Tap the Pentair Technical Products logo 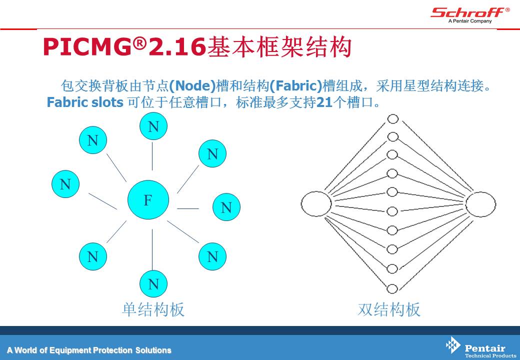pos(480,347)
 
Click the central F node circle pos(148,199)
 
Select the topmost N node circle pos(153,126)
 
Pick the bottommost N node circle pos(153,284)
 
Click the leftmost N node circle pos(65,184)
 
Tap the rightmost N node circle pos(226,207)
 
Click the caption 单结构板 pos(153,309)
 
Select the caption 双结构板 pos(389,309)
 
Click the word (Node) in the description pos(192,86)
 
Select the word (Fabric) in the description pos(296,86)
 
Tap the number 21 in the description pos(324,102)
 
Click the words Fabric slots pos(85,102)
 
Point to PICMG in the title pos(87,46)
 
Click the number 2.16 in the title pos(177,46)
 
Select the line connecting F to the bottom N pos(152,249)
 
